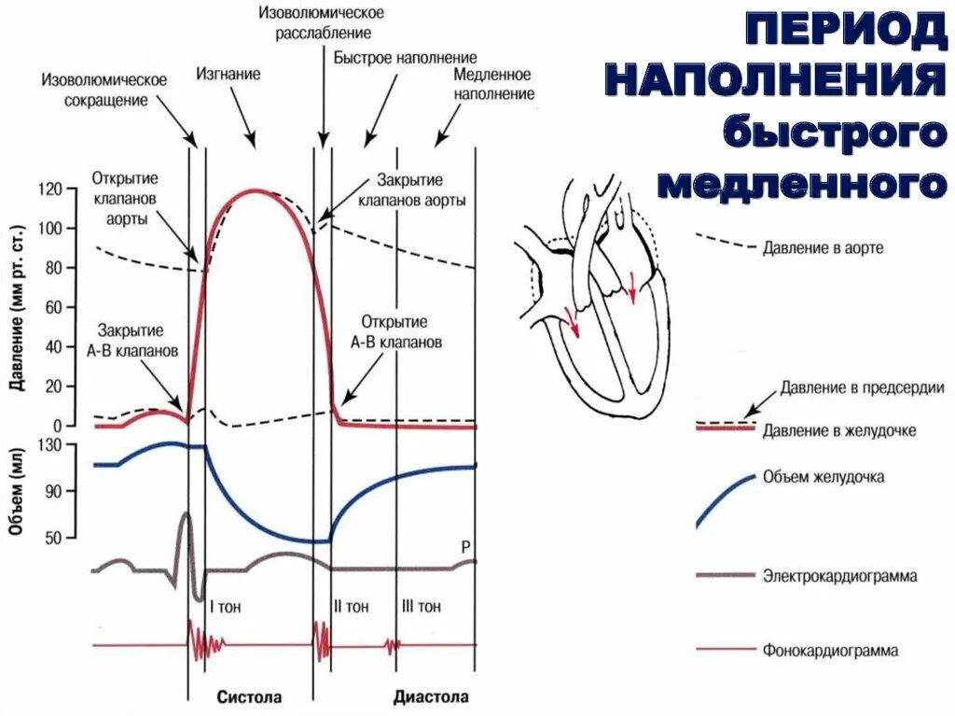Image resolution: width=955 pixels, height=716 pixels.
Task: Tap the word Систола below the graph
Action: [250, 697]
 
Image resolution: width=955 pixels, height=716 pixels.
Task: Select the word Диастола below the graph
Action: [431, 697]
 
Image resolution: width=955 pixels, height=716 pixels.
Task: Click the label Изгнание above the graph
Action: [228, 72]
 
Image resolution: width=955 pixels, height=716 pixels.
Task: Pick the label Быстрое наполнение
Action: [406, 57]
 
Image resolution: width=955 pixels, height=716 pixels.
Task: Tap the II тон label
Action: [352, 606]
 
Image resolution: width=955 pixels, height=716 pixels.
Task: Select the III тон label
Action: [421, 606]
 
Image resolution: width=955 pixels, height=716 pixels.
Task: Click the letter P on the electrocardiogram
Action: [465, 546]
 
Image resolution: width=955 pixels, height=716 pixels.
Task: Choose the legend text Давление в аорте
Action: [823, 248]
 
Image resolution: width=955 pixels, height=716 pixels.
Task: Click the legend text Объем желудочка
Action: [824, 477]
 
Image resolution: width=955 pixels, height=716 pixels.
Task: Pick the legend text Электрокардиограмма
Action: [839, 576]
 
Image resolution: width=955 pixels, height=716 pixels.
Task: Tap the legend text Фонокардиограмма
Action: [830, 651]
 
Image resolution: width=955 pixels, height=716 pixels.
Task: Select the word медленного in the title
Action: [797, 183]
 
